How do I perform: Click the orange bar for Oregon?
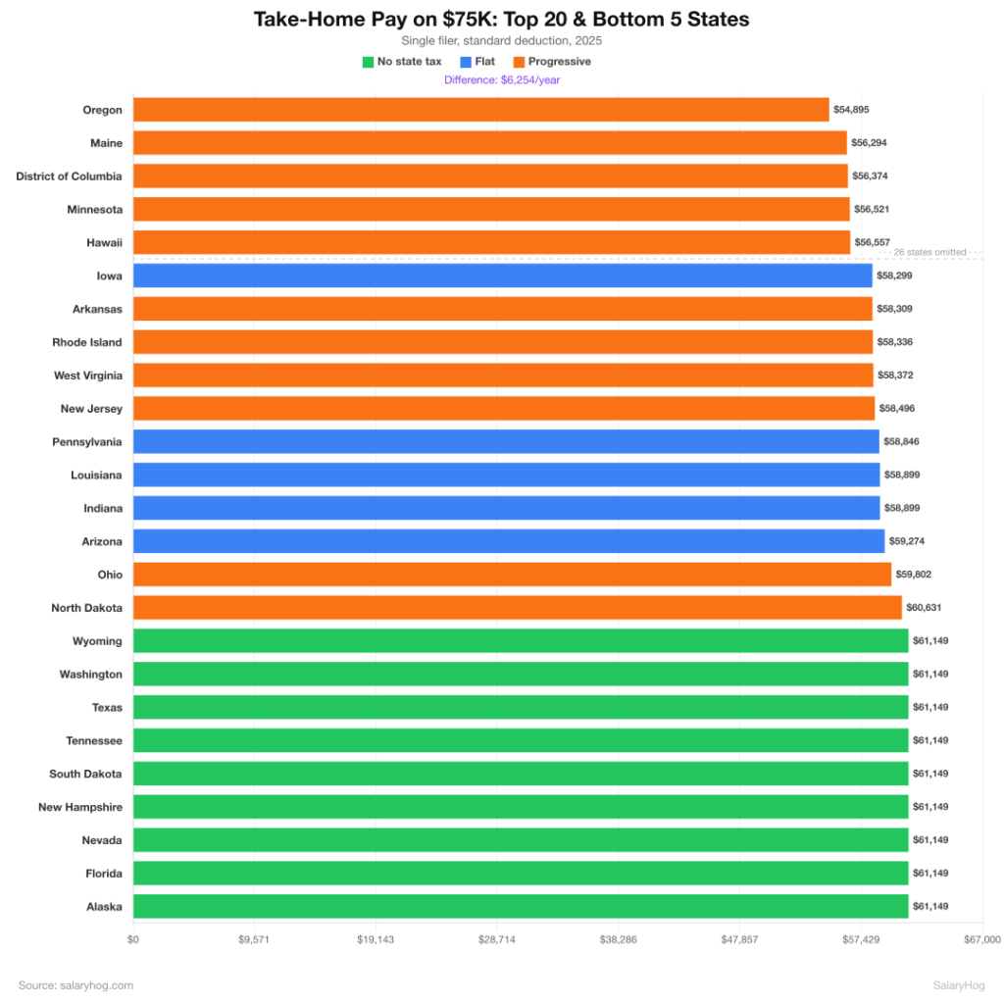pos(480,110)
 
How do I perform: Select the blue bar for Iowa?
pos(502,276)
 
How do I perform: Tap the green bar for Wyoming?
pos(520,640)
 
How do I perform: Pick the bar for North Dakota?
pos(517,608)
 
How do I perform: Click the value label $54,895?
pos(851,110)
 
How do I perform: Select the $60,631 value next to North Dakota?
pos(923,608)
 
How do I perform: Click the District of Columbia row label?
pos(69,176)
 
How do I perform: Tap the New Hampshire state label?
pos(80,807)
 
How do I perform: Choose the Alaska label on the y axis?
pos(104,907)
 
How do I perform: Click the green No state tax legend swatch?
pos(368,62)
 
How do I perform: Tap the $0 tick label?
pos(133,939)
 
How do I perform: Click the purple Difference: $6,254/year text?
pos(502,80)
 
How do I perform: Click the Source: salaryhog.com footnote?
pos(75,985)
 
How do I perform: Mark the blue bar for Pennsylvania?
pos(506,441)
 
